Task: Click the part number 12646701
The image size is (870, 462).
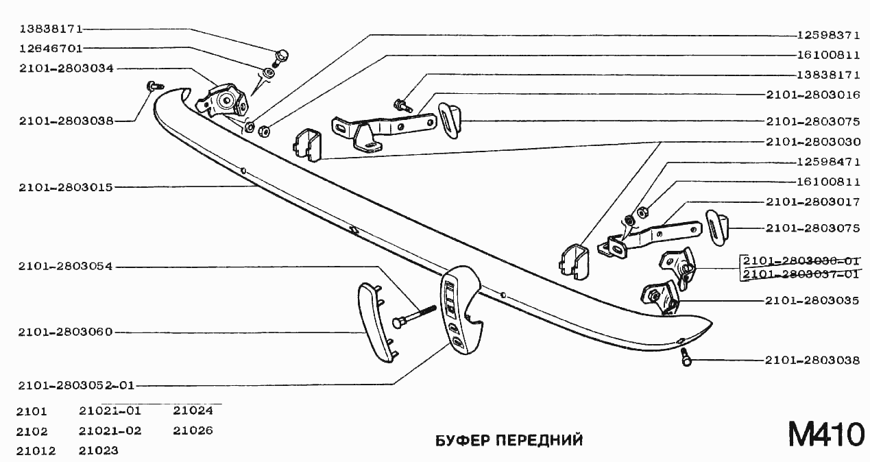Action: [x=51, y=49]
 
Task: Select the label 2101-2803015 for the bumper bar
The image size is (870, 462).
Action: [x=66, y=187]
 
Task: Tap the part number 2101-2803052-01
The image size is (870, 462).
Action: [x=75, y=385]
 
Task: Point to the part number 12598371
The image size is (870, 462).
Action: [x=828, y=34]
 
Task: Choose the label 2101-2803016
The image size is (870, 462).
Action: [x=813, y=95]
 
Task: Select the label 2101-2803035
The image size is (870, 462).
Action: [x=813, y=300]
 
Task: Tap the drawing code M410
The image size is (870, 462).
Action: [x=825, y=435]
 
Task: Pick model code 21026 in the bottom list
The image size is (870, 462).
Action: [x=193, y=430]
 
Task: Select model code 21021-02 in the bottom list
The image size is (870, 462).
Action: [x=110, y=430]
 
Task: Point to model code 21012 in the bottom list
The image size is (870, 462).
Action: [x=37, y=450]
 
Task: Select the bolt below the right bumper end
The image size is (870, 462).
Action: [x=686, y=357]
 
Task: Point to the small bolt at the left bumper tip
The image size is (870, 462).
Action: [x=153, y=86]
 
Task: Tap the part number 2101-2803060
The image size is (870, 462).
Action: [x=66, y=332]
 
